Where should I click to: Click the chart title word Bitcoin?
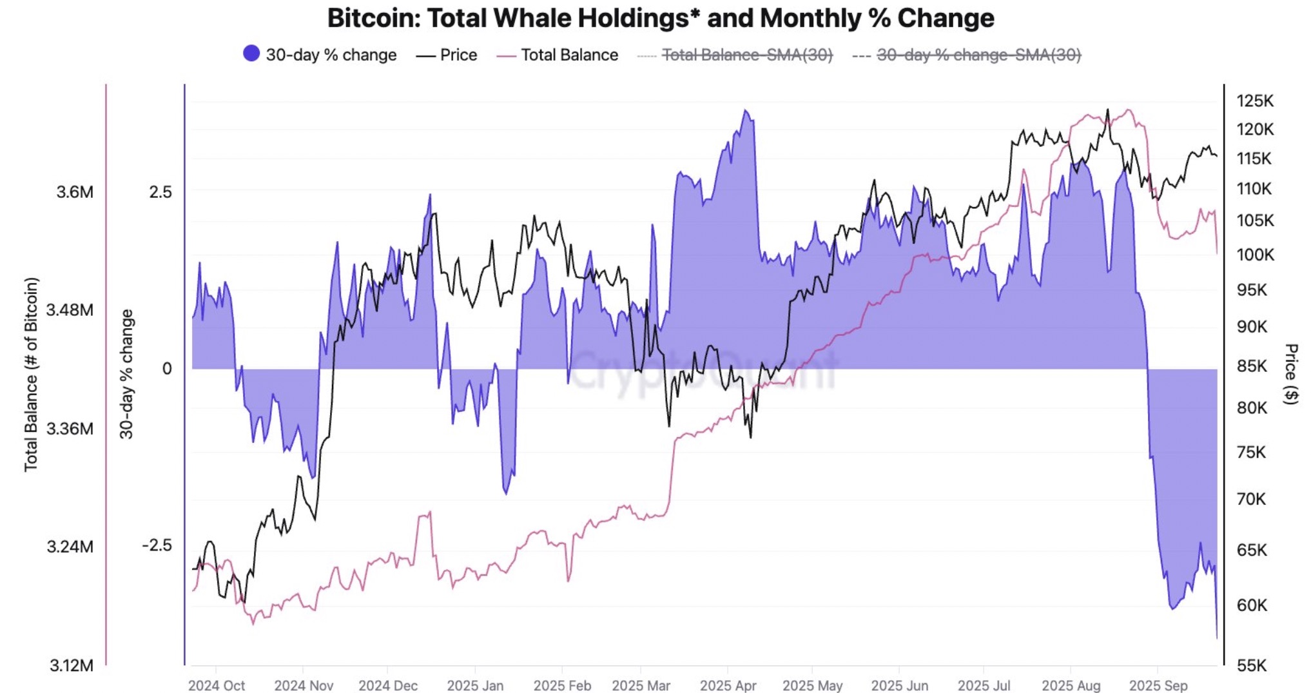[373, 18]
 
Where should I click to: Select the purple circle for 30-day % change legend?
[251, 54]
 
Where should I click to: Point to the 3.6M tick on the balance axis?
[75, 192]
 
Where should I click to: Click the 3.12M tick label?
[72, 665]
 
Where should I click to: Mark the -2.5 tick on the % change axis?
[157, 545]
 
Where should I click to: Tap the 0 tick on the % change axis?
[167, 369]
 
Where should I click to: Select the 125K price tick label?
[1255, 101]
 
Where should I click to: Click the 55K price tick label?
[1252, 665]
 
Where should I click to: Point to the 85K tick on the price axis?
[1252, 366]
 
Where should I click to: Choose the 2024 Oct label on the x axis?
[217, 685]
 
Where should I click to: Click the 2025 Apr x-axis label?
[728, 685]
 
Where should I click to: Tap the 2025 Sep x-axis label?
[1158, 685]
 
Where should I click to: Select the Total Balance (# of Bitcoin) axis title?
[31, 374]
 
